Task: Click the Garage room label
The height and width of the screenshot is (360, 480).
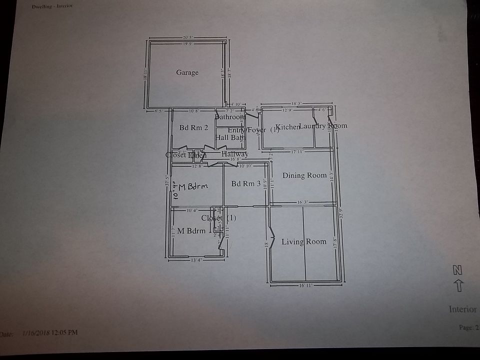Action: point(187,72)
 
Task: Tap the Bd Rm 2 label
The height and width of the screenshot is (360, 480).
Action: point(193,127)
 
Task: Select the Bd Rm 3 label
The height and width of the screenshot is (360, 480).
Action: point(246,184)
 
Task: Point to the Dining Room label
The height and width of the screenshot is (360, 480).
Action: point(304,175)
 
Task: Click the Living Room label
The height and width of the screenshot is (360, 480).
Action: point(303,242)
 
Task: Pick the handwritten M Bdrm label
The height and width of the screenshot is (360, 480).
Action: point(193,187)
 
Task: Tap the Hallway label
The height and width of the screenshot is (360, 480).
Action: point(234,154)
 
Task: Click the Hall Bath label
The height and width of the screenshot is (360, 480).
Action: point(230,137)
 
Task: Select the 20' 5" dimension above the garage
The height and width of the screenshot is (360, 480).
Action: point(188,38)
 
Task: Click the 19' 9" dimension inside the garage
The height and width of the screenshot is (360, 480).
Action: point(188,44)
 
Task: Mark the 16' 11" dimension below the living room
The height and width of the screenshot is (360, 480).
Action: point(306,286)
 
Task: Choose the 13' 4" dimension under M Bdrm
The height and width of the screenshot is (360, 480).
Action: point(196,260)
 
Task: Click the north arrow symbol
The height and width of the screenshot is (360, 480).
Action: point(458,285)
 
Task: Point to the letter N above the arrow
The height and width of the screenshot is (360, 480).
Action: point(457,270)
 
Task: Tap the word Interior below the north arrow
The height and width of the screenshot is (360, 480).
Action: point(462,309)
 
